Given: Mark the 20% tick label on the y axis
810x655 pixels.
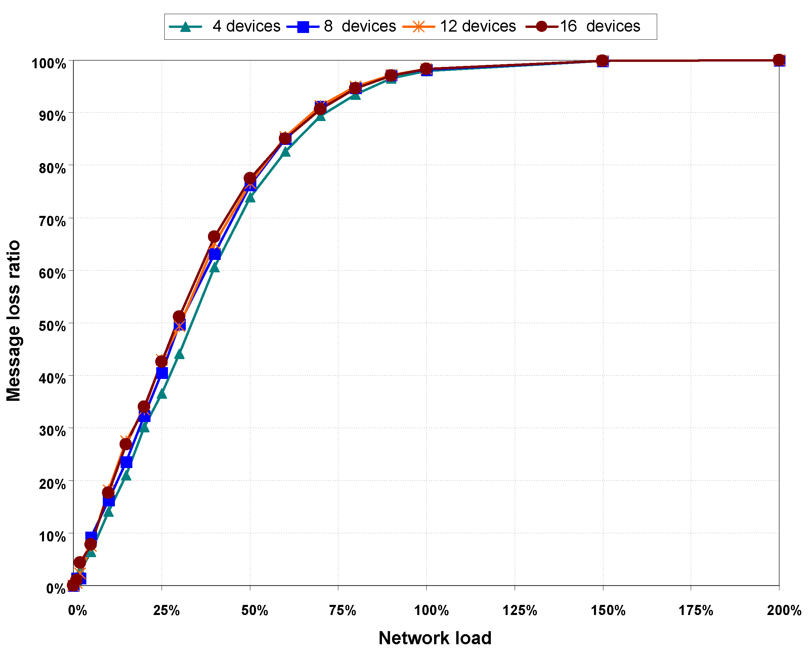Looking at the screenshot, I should (52, 484).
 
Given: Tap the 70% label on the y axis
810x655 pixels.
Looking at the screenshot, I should (52, 221).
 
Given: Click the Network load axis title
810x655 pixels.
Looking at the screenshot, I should (435, 638).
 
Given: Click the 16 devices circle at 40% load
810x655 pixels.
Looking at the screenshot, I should (214, 237).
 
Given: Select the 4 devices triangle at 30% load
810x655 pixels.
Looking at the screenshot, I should (179, 354).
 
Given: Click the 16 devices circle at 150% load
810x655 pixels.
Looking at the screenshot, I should (602, 61).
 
